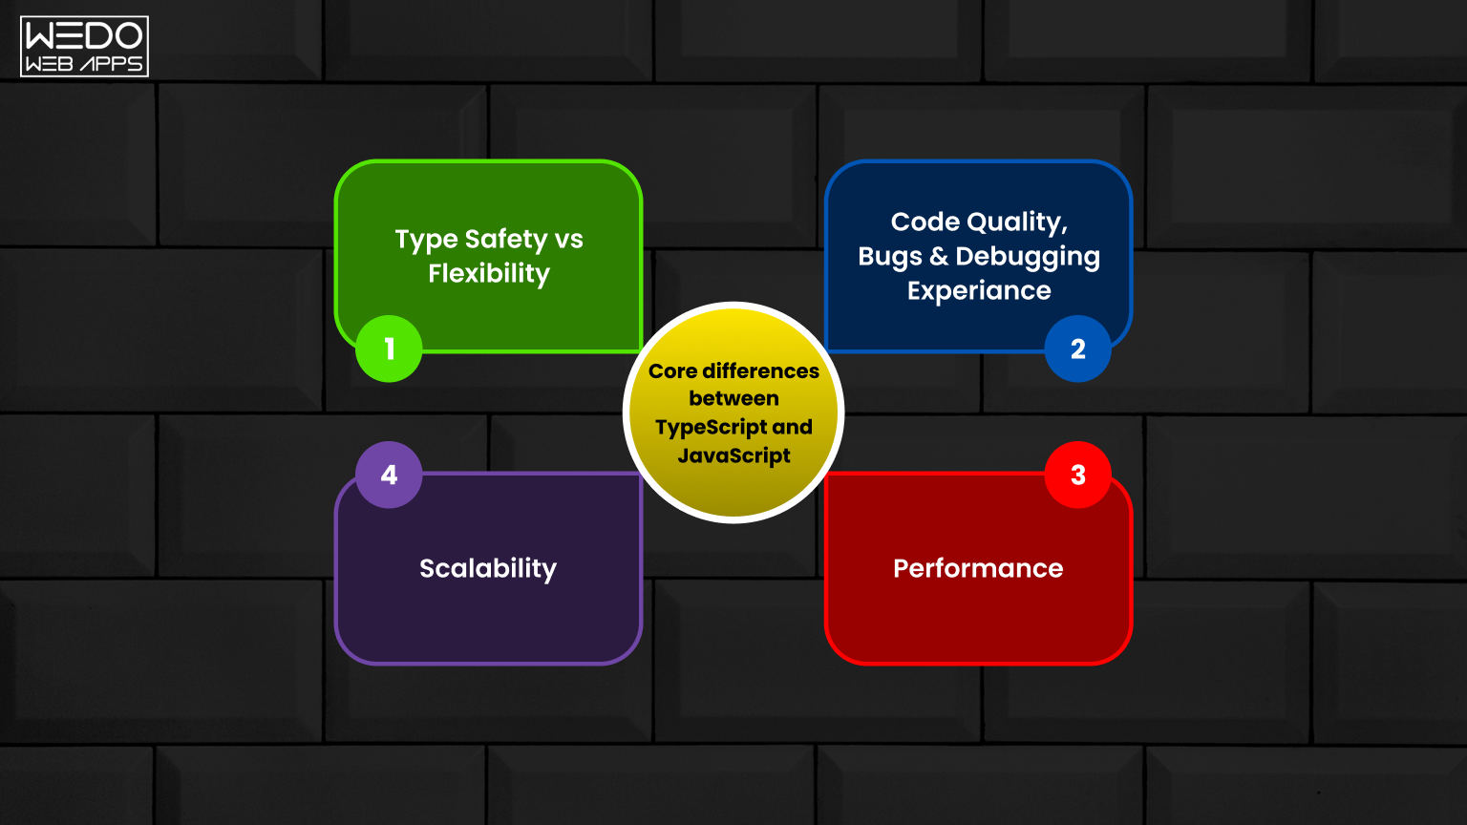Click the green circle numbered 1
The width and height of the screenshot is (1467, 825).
click(x=389, y=349)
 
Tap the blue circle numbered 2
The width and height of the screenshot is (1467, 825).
click(x=1078, y=349)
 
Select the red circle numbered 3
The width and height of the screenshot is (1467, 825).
click(x=1078, y=475)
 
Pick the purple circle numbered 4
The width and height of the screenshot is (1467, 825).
click(x=389, y=475)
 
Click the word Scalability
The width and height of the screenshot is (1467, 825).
click(x=488, y=569)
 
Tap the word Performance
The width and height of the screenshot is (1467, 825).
click(x=978, y=568)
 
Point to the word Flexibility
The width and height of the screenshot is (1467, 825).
click(x=489, y=274)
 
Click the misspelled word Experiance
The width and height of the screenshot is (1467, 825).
click(x=979, y=290)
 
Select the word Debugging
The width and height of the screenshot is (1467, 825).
click(x=1028, y=257)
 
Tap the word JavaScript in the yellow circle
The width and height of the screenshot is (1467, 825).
click(x=733, y=455)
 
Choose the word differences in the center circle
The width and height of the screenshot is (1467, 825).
click(x=760, y=371)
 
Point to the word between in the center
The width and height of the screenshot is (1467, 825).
click(x=733, y=399)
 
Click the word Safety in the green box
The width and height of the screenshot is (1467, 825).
click(x=505, y=240)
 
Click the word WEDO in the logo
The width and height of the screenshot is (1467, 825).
click(x=84, y=35)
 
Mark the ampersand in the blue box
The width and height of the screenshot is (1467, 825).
click(x=939, y=257)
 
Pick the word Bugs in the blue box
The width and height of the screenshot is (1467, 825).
click(x=890, y=257)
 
